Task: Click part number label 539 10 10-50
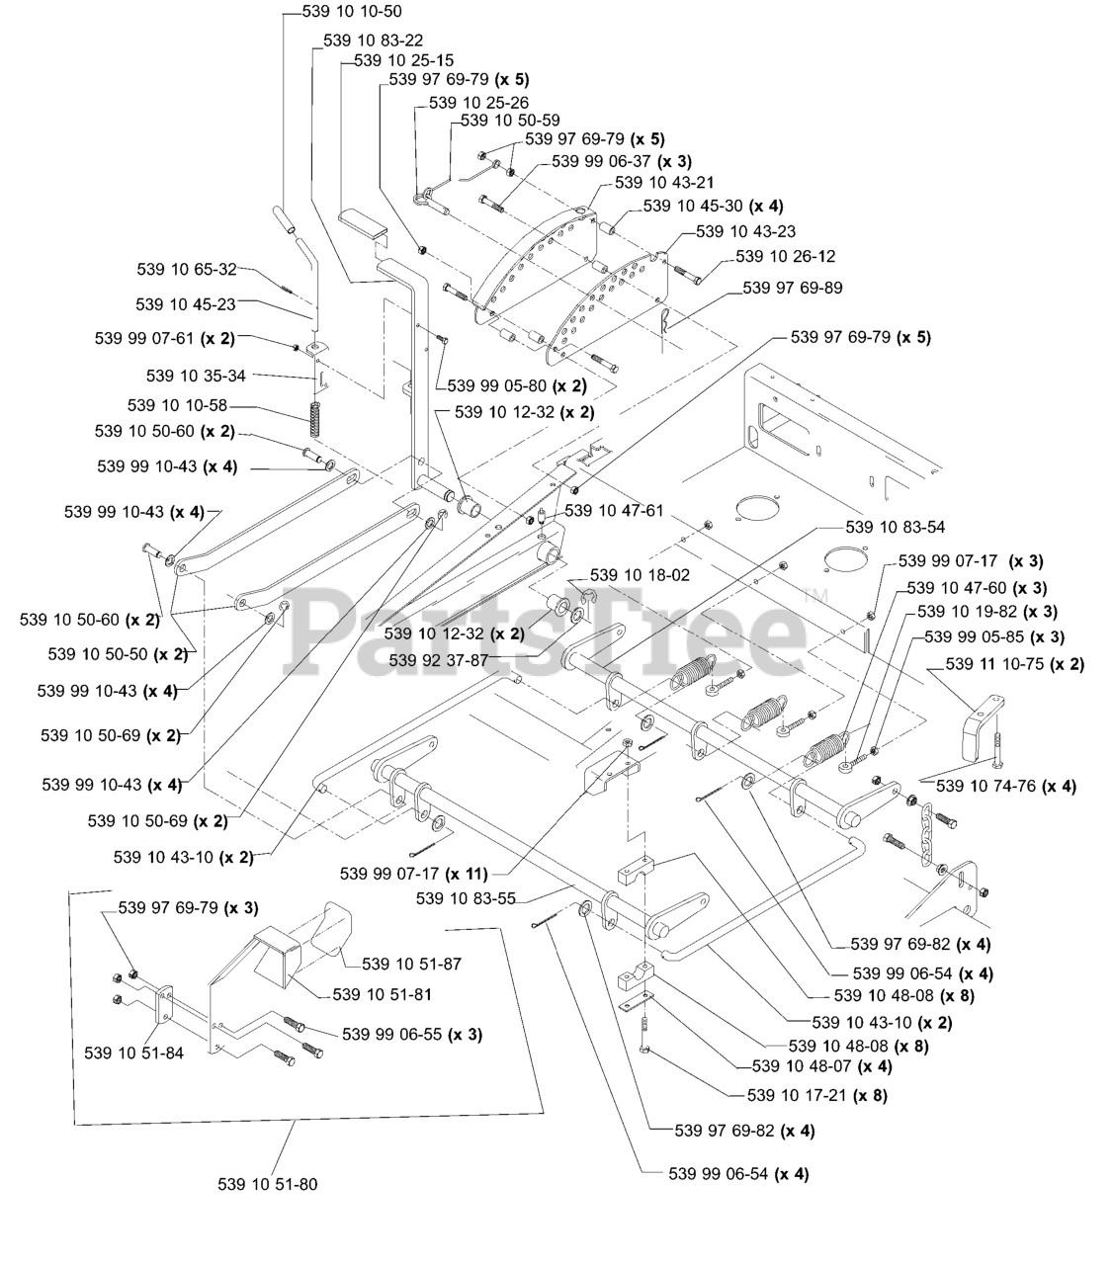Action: click(x=352, y=11)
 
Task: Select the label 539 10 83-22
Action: click(x=374, y=41)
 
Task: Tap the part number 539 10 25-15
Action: click(x=404, y=60)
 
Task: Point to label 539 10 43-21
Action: click(x=664, y=182)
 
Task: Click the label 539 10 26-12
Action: click(x=786, y=256)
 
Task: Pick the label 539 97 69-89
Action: click(x=793, y=288)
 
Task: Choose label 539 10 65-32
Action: click(x=187, y=269)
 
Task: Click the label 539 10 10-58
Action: click(x=177, y=405)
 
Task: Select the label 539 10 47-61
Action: click(x=615, y=511)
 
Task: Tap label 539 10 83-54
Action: click(x=896, y=527)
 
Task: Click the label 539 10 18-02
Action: click(x=641, y=575)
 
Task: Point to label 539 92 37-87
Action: click(x=439, y=660)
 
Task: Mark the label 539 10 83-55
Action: click(x=466, y=898)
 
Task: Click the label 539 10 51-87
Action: click(x=412, y=964)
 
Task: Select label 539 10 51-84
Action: click(x=134, y=1054)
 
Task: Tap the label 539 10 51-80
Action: click(x=268, y=1184)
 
